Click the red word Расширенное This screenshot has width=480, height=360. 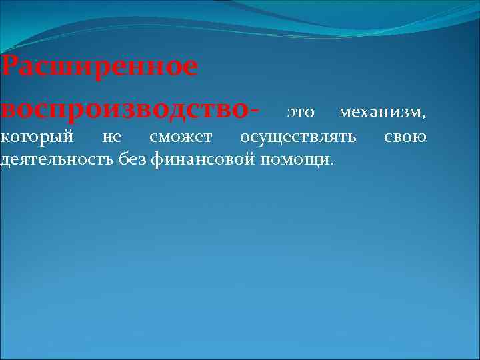(x=99, y=67)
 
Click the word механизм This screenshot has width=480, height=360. (x=379, y=112)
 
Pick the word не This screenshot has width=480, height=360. (x=112, y=137)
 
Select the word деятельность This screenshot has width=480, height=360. (x=59, y=159)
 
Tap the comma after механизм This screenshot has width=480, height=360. (x=422, y=117)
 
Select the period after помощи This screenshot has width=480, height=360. (x=333, y=164)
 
